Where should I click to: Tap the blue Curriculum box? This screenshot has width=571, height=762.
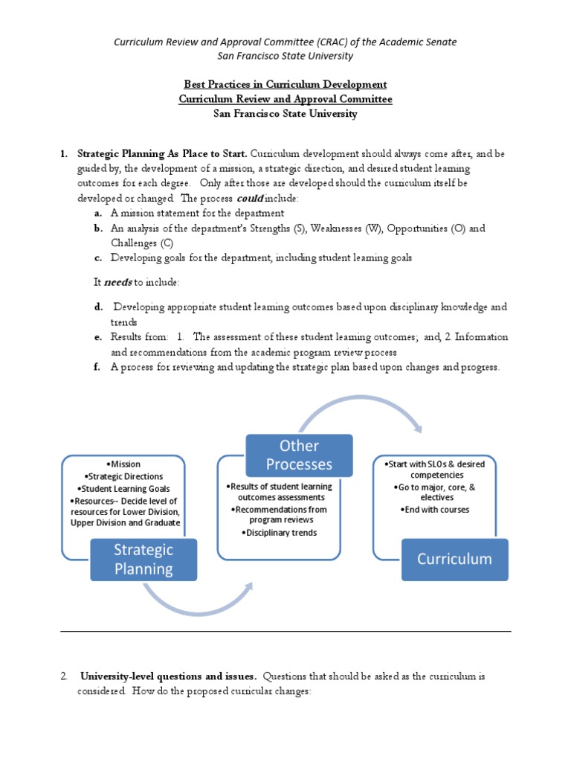click(454, 559)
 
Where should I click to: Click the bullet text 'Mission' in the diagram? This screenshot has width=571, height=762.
click(123, 464)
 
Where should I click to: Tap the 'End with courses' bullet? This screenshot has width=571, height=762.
click(435, 510)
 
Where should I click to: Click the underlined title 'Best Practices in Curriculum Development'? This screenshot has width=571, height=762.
click(285, 84)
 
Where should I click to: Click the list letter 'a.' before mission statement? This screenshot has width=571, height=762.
click(98, 213)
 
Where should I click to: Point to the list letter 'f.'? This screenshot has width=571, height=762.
click(97, 367)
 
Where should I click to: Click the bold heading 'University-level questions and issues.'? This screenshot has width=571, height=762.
click(168, 676)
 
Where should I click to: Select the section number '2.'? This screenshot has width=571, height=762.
click(65, 676)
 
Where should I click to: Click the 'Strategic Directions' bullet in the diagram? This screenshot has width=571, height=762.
click(123, 476)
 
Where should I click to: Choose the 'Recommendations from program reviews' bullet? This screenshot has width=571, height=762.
click(280, 515)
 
